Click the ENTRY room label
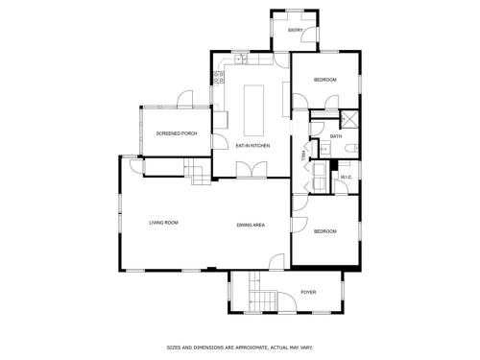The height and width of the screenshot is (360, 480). [295, 31]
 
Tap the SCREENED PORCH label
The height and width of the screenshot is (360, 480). [177, 133]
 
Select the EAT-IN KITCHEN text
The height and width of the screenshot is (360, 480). [252, 146]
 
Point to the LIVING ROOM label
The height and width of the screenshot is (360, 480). [163, 223]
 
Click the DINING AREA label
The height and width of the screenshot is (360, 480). [251, 225]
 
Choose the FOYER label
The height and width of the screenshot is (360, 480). [308, 292]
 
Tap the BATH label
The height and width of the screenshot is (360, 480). [336, 136]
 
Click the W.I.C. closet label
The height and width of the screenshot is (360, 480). [347, 177]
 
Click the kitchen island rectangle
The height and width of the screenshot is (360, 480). [253, 110]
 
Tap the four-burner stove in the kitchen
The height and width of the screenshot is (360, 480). [219, 77]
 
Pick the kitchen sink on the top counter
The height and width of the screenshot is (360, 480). [241, 59]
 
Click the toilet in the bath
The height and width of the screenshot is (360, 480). [351, 149]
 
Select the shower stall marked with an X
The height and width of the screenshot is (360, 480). [348, 117]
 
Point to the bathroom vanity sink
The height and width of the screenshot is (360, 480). [325, 149]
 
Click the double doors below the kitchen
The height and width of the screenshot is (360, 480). [252, 169]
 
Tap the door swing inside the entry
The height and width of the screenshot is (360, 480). [309, 35]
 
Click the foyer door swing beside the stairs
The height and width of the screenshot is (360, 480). [287, 301]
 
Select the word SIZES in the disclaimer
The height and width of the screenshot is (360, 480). [173, 348]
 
